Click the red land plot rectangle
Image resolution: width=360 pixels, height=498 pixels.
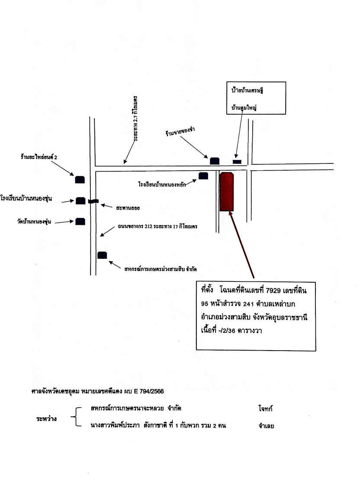(x=226, y=192)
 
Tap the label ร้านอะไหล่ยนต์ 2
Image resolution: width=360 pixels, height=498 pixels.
(x=39, y=157)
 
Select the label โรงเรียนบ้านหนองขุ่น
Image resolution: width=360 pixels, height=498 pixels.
(x=26, y=199)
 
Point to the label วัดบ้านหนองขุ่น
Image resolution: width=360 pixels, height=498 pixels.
(x=34, y=221)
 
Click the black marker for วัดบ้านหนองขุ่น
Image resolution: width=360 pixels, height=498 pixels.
(x=80, y=221)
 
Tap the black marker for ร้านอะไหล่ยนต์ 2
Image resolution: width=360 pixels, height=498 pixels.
(x=80, y=179)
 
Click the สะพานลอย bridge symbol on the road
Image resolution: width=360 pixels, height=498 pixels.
(x=93, y=201)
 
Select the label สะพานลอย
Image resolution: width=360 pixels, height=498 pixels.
(x=128, y=208)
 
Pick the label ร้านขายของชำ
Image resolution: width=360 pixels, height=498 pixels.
(x=180, y=131)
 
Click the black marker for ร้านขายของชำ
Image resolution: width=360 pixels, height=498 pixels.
(x=215, y=161)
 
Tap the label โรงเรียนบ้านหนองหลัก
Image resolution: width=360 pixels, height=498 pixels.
(x=162, y=184)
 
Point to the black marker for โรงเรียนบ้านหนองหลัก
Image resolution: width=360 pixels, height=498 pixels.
(x=203, y=176)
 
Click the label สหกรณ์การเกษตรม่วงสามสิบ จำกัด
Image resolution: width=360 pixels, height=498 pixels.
(x=160, y=269)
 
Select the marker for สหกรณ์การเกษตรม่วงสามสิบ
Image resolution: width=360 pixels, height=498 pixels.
(x=102, y=255)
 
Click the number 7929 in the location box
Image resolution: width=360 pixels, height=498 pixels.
(x=273, y=290)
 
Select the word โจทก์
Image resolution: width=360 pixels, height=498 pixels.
(x=266, y=409)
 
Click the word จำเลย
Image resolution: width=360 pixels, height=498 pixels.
(x=266, y=426)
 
